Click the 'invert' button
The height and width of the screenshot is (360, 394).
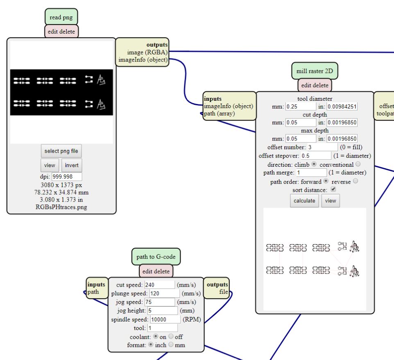72,165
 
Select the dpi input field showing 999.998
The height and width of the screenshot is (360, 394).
67,177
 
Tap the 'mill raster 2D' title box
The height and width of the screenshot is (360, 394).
315,71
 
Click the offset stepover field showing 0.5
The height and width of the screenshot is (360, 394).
316,156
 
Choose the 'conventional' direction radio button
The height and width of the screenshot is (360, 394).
358,164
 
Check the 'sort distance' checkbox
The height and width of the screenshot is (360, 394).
333,190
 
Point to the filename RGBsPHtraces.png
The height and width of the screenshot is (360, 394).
61,207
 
